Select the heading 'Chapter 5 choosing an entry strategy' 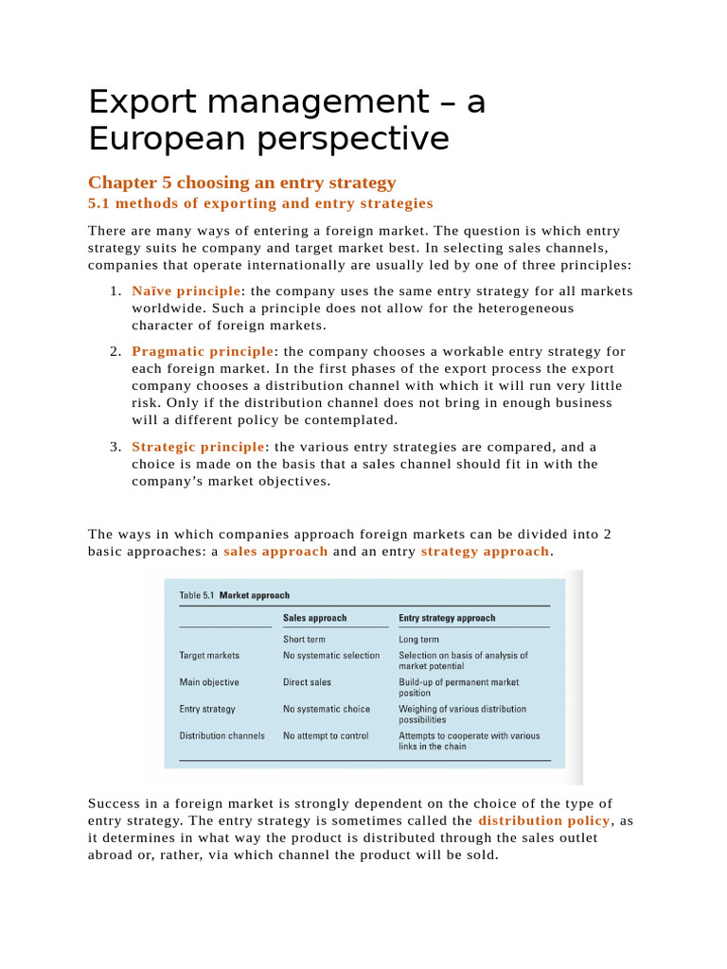241,183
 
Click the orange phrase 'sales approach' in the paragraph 275,552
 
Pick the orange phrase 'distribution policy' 544,820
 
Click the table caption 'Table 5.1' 197,596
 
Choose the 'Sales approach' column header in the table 315,618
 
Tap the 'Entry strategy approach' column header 447,618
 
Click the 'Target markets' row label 209,655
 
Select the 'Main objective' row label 209,681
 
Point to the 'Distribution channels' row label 222,735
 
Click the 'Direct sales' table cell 308,681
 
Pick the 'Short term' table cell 304,640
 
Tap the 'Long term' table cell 418,640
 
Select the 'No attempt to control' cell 327,735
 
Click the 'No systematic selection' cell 331,655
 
